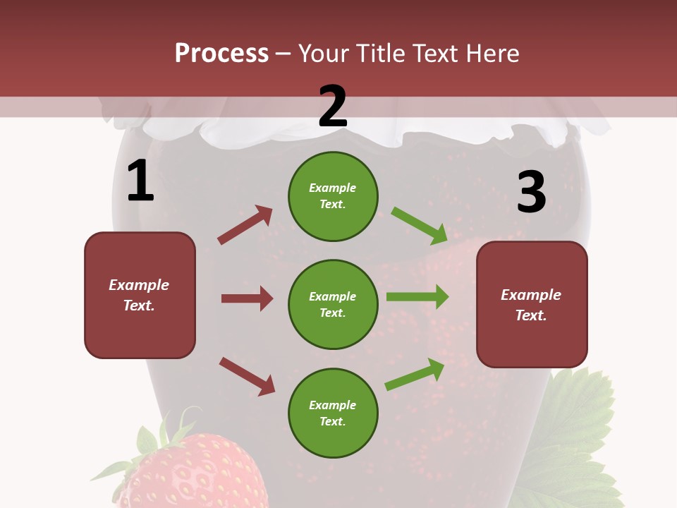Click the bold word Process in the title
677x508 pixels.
click(x=221, y=54)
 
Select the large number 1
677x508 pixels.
click(x=140, y=181)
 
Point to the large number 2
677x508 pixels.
click(x=333, y=107)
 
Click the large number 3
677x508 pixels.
click(x=531, y=192)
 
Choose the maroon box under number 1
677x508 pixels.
click(x=140, y=295)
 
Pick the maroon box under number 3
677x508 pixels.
click(x=532, y=305)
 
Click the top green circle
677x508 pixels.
click(x=333, y=195)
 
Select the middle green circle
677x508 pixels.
click(x=333, y=304)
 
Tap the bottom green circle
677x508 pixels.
click(x=333, y=413)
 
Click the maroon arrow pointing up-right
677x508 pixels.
click(x=245, y=224)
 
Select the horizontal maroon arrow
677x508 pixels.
click(x=247, y=298)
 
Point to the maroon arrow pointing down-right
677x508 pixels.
click(x=247, y=376)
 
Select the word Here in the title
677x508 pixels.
click(x=493, y=54)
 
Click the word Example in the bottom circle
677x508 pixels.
click(x=333, y=405)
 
